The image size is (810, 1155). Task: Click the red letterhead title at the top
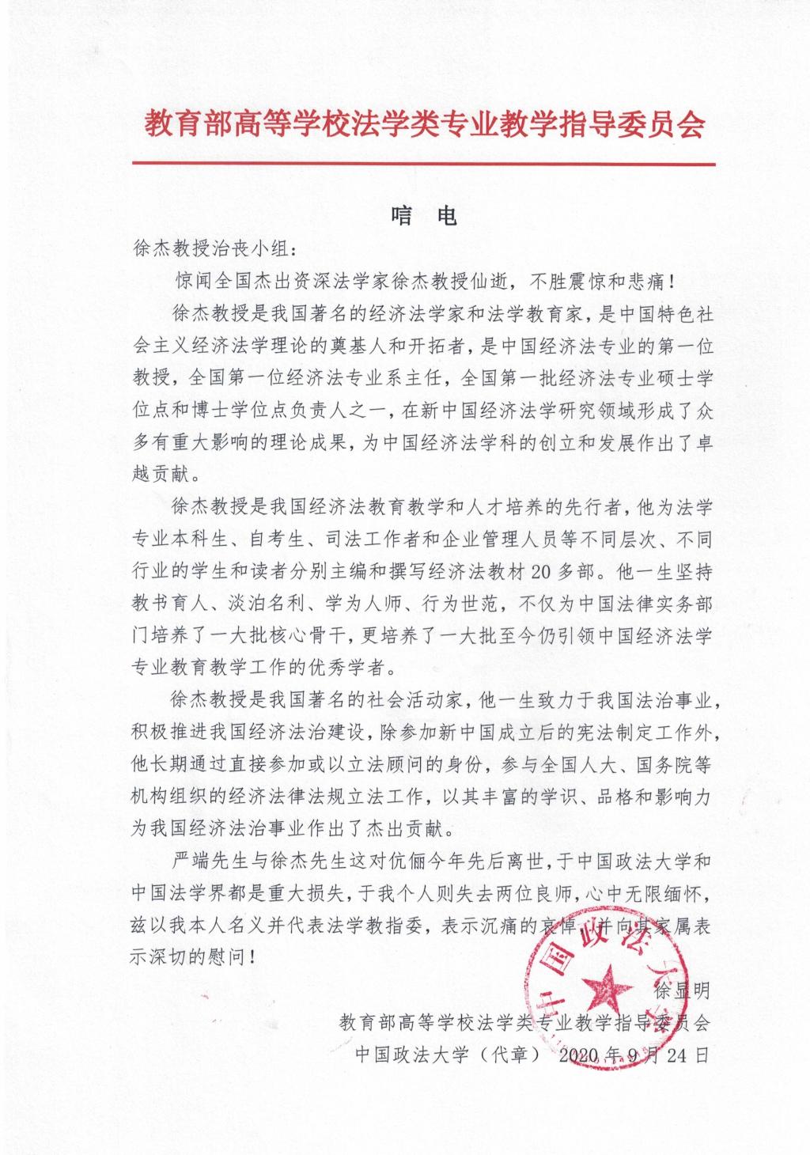[423, 125]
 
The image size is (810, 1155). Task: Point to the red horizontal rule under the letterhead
[423, 165]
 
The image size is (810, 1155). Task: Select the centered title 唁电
[424, 216]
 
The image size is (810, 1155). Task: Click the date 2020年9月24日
[633, 1055]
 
